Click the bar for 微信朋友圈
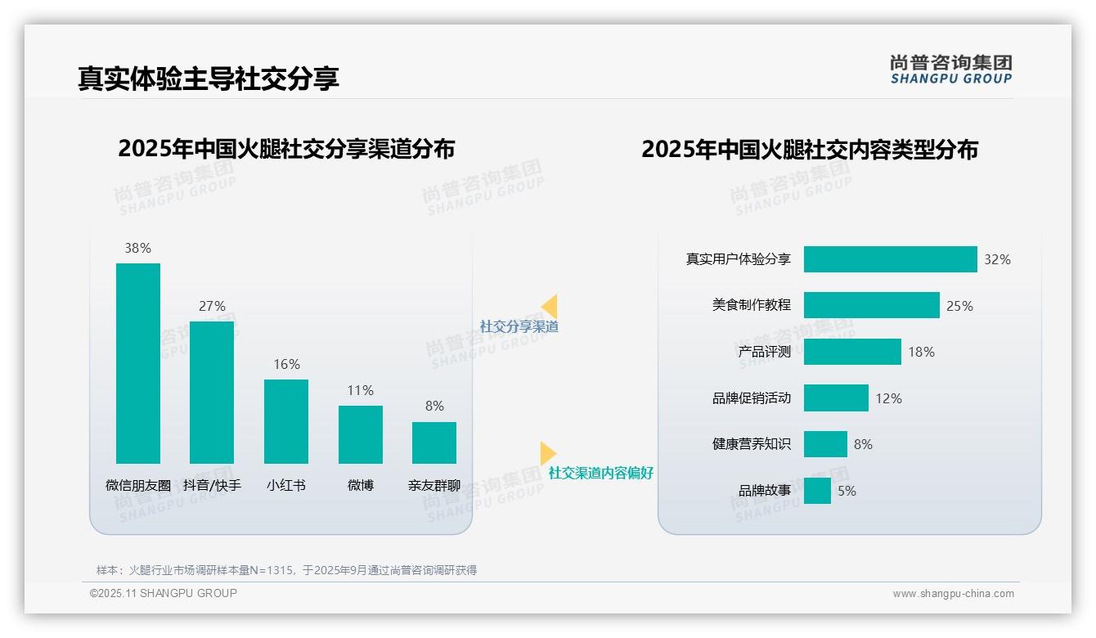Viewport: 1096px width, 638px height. pyautogui.click(x=138, y=363)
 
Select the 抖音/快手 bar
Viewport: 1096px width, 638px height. pyautogui.click(x=212, y=393)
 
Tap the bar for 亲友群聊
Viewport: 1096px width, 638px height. pyautogui.click(x=434, y=443)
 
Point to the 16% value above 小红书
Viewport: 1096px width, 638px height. pyautogui.click(x=286, y=365)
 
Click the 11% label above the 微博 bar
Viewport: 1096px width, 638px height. pyautogui.click(x=360, y=391)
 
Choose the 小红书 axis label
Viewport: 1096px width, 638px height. pyautogui.click(x=286, y=485)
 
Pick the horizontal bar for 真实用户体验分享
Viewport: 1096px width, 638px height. pyautogui.click(x=890, y=259)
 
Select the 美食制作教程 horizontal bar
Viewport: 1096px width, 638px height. pyautogui.click(x=871, y=305)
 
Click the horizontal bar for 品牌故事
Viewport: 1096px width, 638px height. pyautogui.click(x=817, y=491)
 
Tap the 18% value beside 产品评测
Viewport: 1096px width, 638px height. pyautogui.click(x=921, y=352)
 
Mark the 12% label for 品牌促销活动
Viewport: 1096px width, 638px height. pyautogui.click(x=888, y=398)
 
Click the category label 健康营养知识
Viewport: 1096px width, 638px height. pyautogui.click(x=752, y=444)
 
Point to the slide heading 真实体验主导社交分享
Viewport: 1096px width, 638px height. pyautogui.click(x=209, y=79)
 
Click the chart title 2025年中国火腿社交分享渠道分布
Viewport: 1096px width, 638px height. pyautogui.click(x=286, y=149)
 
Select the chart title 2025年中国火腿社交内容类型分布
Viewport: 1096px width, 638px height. pyautogui.click(x=810, y=150)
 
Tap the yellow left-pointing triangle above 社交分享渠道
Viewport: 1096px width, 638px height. pyautogui.click(x=550, y=307)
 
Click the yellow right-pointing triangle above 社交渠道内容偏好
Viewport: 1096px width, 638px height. pyautogui.click(x=547, y=453)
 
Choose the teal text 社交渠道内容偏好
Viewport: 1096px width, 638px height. pyautogui.click(x=601, y=473)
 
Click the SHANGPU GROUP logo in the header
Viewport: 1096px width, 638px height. pyautogui.click(x=951, y=70)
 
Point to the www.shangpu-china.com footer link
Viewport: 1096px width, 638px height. pyautogui.click(x=953, y=594)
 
